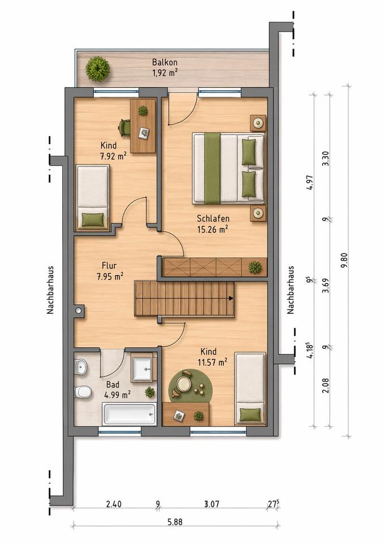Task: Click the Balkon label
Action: pos(165,62)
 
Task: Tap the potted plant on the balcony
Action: pos(98,69)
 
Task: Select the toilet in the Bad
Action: pos(83,392)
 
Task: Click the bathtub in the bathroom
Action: pos(129,414)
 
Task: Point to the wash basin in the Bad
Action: pos(80,367)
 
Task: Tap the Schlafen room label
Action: pos(213,218)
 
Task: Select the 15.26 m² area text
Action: pos(212,229)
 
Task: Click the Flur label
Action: pos(109,266)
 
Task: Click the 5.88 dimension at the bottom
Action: pos(175,522)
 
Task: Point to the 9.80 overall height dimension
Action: pos(344,260)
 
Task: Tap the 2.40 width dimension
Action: pos(113,503)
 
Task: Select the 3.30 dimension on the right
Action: pos(325,158)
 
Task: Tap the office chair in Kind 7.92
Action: pos(124,128)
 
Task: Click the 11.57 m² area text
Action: pos(214,362)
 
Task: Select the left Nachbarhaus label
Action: pos(50,290)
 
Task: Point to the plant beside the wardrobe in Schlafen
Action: pos(255,267)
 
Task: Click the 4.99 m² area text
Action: pos(117,394)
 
